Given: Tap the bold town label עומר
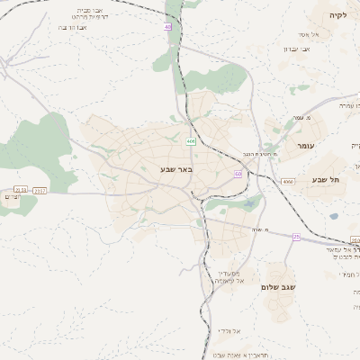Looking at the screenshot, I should pos(302,144).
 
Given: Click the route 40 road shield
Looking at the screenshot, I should pos(167,27).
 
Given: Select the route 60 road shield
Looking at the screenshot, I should pos(238,173).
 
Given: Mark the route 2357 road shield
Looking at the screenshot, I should pos(40,191).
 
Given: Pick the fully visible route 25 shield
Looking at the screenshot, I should pos(295,237).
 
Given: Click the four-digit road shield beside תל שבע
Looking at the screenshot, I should pos(287,182).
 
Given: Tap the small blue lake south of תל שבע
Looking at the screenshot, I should pos(334,216).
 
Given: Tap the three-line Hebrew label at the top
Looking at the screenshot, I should pos(93,18).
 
